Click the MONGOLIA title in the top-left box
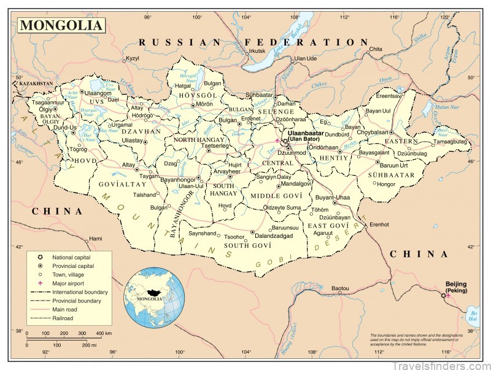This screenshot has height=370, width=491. (61, 26)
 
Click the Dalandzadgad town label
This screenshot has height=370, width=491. (275, 235)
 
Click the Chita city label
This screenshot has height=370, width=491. (376, 49)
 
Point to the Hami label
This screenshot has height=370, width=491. (96, 238)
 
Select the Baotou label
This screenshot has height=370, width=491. (340, 288)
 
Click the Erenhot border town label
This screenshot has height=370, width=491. (379, 224)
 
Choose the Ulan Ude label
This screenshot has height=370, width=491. (305, 58)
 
